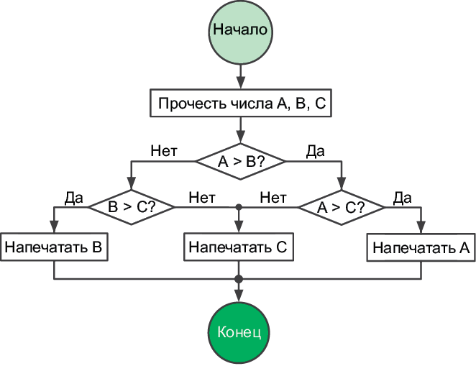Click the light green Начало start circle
tap(240, 31)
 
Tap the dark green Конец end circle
tap(239, 332)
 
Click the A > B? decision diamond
tap(241, 162)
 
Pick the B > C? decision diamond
tap(132, 207)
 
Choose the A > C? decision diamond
tap(342, 208)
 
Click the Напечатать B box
tap(55, 247)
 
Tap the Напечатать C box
tap(238, 247)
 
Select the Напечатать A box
tap(421, 248)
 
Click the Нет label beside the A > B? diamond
tap(164, 150)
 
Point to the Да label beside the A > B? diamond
tap(315, 150)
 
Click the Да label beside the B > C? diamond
tap(73, 196)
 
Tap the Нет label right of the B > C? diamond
tap(202, 196)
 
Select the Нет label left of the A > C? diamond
tap(273, 196)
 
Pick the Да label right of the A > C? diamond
tap(402, 196)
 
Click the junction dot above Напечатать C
tap(239, 207)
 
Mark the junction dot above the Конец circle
tap(239, 279)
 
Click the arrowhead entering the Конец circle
tap(239, 296)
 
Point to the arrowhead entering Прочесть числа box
tap(241, 84)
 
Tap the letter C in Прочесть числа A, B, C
tap(320, 104)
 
